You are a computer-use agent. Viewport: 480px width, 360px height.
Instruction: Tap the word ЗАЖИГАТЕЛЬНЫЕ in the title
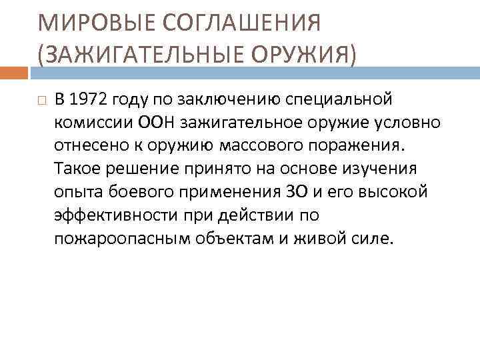tap(140, 51)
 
